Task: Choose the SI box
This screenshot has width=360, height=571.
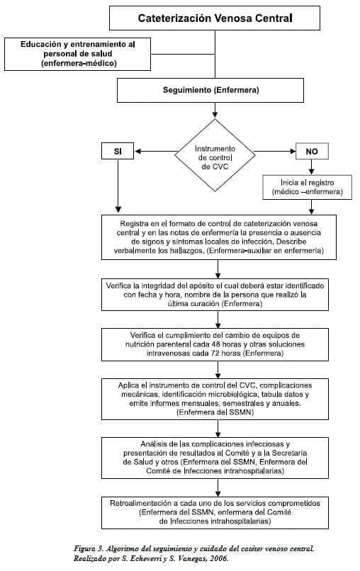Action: [x=118, y=152]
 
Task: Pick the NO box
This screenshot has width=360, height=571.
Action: [x=311, y=152]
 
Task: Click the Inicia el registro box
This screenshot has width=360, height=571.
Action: [x=306, y=186]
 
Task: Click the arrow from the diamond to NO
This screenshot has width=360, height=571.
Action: [x=271, y=152]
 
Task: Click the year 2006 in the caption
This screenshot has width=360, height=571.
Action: [x=218, y=559]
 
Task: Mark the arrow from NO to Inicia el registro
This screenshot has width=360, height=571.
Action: [x=311, y=167]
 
